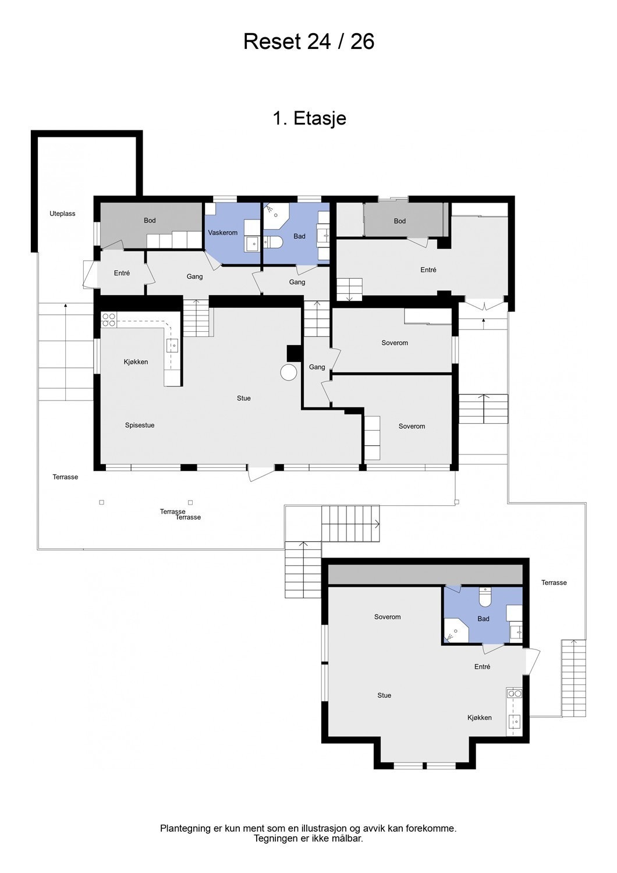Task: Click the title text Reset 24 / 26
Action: pos(308,42)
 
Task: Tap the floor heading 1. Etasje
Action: pos(309,118)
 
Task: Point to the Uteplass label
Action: pos(62,214)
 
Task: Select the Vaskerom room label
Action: pos(222,233)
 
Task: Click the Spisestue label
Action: pos(140,425)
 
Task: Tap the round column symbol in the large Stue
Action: pos(289,372)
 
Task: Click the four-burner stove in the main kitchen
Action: pos(109,319)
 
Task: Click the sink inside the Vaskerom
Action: pos(252,243)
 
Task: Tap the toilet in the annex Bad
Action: pos(485,598)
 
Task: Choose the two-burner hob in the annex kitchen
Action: pos(515,693)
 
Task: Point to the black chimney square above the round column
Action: pos(294,353)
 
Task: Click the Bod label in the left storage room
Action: pos(150,221)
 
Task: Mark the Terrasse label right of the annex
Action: pos(554,583)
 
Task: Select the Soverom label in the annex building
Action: pos(387,617)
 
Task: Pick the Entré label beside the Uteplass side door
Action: pos(122,273)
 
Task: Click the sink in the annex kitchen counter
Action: pos(515,722)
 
